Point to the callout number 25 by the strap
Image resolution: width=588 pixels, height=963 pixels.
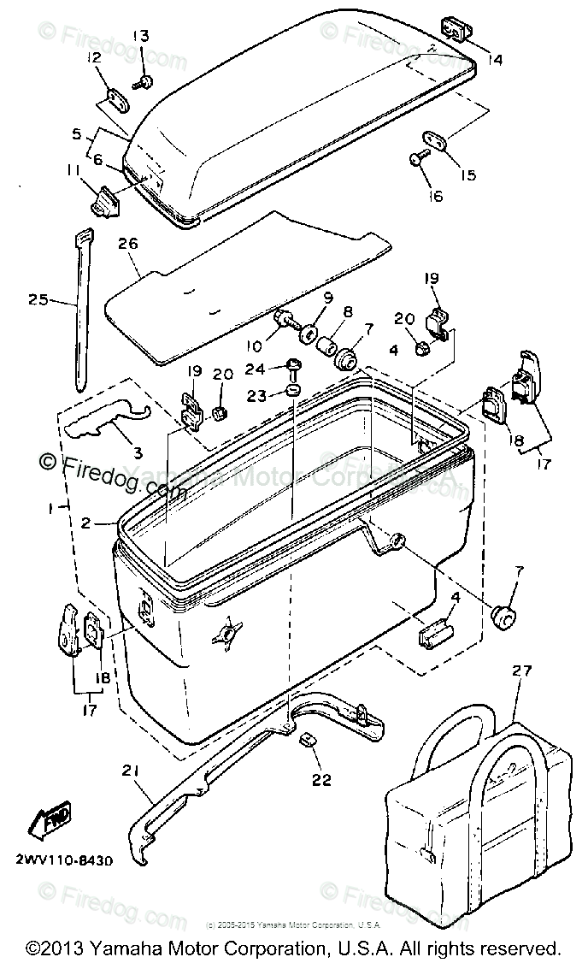pos(38,300)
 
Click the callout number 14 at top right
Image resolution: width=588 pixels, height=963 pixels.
pos(496,60)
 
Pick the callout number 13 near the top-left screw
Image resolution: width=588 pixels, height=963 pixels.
pos(140,36)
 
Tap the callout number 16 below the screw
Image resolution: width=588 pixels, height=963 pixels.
pos(437,196)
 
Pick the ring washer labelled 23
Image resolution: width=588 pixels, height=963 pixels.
pos(293,392)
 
